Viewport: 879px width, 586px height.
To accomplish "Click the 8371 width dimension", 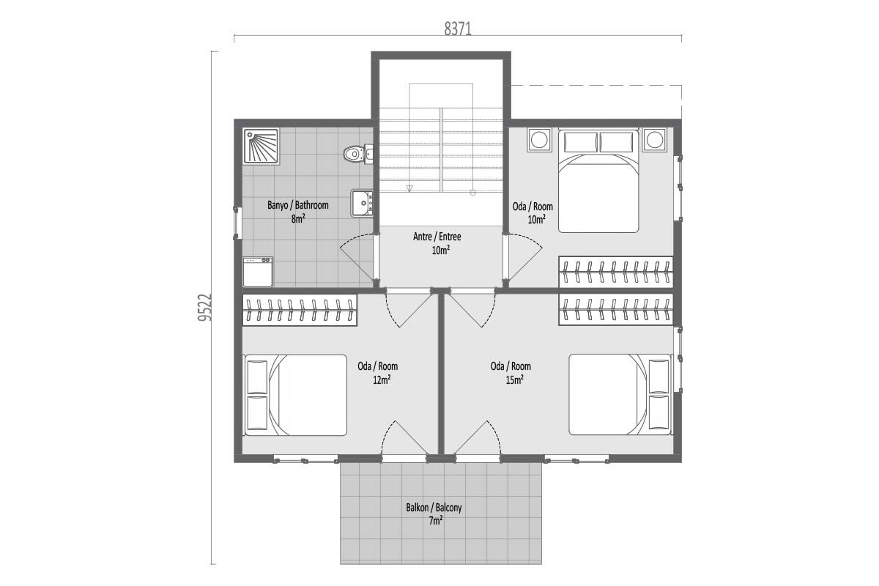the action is click(x=458, y=29).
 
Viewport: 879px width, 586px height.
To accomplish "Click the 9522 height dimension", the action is click(x=204, y=308).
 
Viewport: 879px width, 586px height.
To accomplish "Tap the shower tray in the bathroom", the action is click(x=261, y=146).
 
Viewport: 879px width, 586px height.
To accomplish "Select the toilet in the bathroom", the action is click(x=358, y=154).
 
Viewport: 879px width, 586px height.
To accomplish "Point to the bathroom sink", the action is click(x=362, y=202).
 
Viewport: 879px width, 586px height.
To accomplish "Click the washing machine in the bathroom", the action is click(x=258, y=272).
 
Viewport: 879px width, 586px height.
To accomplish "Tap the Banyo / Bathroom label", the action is click(x=298, y=205).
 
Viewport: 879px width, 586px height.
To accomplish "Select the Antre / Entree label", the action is click(x=437, y=237).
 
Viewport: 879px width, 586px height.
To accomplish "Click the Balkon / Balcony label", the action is click(x=434, y=508).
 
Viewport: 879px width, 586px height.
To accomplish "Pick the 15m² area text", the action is click(x=515, y=380).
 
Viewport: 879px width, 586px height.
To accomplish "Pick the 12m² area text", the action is click(x=382, y=380).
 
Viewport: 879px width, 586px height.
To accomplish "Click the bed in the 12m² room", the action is click(x=296, y=396).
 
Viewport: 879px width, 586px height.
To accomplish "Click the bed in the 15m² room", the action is click(x=620, y=395).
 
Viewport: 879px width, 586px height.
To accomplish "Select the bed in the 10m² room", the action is click(x=598, y=181).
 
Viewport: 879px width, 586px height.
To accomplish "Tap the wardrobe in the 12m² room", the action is click(x=300, y=310).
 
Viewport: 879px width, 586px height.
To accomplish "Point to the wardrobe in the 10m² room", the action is click(x=616, y=272).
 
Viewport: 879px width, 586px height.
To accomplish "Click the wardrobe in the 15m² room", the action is click(x=616, y=310).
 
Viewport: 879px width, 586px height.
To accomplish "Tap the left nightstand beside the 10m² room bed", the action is click(x=540, y=140).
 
